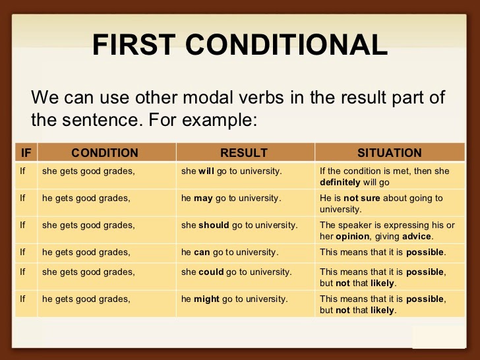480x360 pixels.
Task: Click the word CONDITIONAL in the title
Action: [290, 45]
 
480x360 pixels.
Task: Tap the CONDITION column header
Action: [105, 153]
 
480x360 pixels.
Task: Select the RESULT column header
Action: [244, 153]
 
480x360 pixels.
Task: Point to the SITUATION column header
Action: [389, 153]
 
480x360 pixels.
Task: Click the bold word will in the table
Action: [207, 171]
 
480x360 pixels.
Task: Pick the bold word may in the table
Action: [203, 198]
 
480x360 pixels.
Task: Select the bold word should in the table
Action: [214, 225]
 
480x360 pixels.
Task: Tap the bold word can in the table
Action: [202, 252]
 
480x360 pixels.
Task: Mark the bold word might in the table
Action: [206, 299]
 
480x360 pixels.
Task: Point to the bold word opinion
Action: [352, 235]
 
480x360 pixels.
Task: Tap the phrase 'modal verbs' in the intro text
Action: [225, 98]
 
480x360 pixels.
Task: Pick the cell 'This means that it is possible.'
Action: [382, 252]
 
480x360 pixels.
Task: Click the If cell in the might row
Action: [23, 299]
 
